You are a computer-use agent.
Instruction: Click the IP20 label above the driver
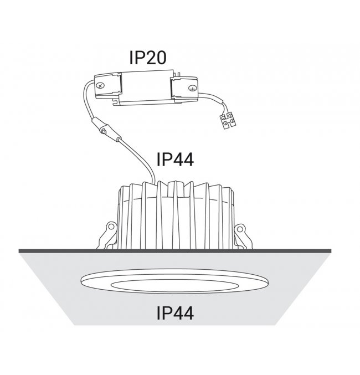tap(147, 58)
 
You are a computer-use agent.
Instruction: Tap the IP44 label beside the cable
tap(175, 160)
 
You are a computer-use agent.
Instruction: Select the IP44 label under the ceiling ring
tap(175, 313)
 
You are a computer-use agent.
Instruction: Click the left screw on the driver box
tap(101, 85)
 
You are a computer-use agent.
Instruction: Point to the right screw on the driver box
tap(192, 89)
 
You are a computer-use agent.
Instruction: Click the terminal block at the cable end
tap(228, 120)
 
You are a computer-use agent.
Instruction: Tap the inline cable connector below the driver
tap(106, 130)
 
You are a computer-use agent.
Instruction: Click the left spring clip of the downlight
tap(107, 235)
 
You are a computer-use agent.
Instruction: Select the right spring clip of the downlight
tap(243, 236)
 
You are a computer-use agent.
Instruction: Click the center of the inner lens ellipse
tap(174, 286)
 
